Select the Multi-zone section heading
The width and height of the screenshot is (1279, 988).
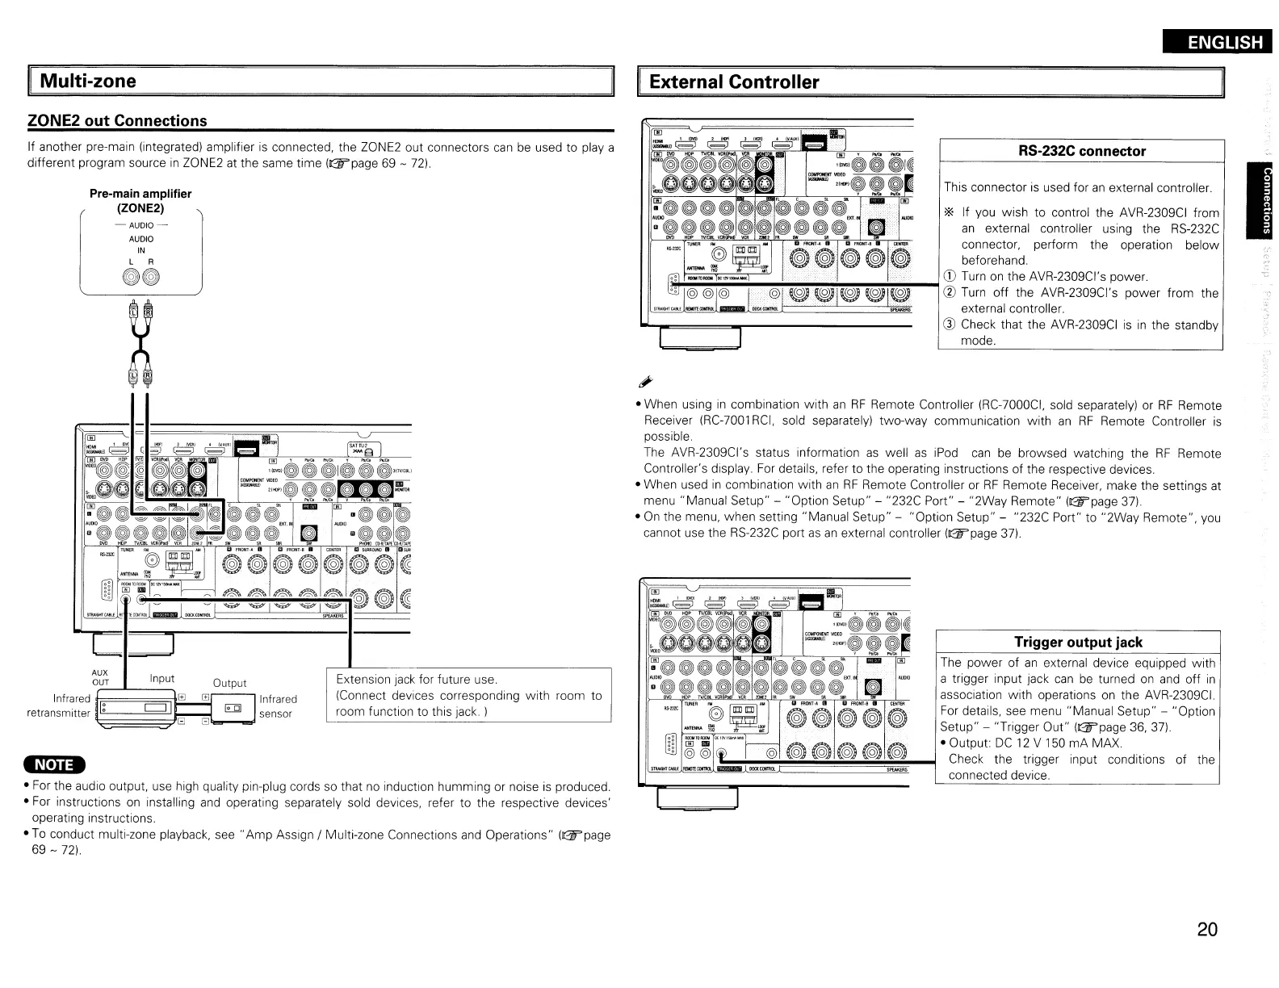point(89,82)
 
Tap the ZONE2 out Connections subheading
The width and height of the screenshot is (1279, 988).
point(118,121)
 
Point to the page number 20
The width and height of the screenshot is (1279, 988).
point(1206,929)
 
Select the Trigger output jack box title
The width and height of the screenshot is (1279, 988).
point(1078,643)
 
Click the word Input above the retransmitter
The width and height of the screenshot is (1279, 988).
point(162,679)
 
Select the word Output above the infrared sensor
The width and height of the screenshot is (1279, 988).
point(229,683)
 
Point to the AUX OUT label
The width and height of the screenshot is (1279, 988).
point(100,677)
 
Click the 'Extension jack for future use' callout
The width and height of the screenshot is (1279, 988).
point(468,696)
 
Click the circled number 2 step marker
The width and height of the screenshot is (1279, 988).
point(950,293)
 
